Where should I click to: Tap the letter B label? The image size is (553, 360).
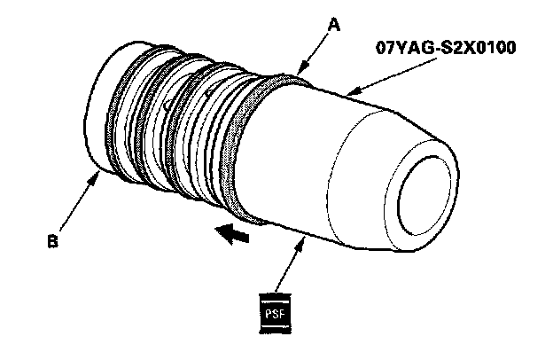pos(53,239)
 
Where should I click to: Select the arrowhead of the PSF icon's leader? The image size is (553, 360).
pos(307,237)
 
